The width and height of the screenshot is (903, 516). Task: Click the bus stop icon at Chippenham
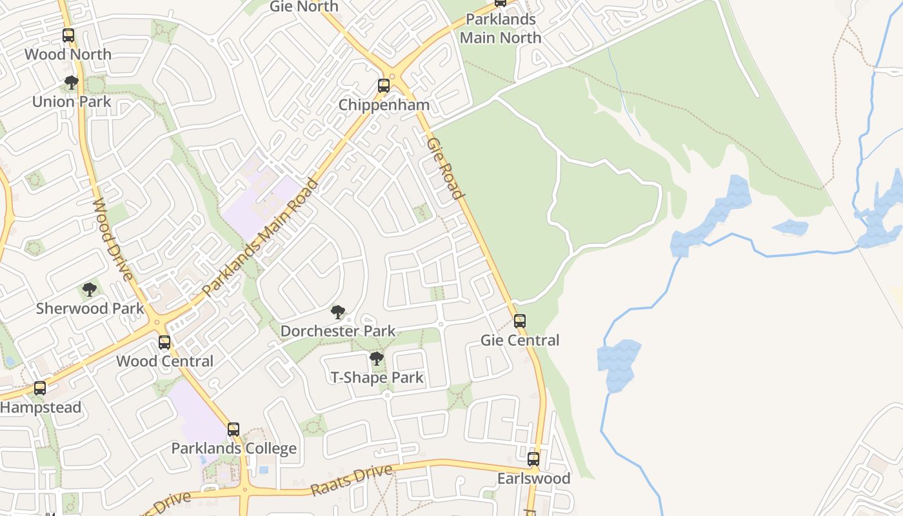click(384, 85)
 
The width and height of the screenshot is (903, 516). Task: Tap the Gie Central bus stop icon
click(520, 321)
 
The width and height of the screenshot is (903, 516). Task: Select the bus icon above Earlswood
click(533, 459)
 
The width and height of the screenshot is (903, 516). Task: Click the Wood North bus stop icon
click(68, 35)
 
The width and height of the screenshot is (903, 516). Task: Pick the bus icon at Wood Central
click(164, 342)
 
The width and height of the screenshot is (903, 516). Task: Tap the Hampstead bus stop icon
click(40, 388)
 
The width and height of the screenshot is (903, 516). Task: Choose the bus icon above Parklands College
click(233, 430)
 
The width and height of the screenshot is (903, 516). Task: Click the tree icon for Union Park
click(72, 83)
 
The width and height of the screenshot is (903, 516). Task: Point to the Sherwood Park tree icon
click(90, 290)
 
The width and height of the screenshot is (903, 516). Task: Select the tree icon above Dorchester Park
click(337, 313)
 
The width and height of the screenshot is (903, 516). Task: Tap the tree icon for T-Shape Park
click(377, 359)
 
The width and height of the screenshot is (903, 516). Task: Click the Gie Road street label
click(445, 168)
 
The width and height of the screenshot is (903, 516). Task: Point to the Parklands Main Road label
click(261, 237)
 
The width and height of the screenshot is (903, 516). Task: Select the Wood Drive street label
click(113, 239)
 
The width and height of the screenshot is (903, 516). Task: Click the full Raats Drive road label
click(352, 480)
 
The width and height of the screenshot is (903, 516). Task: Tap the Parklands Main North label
click(501, 29)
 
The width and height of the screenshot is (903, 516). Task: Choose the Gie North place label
click(304, 6)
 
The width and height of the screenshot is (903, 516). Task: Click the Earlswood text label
click(533, 479)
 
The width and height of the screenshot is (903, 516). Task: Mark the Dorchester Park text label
click(338, 332)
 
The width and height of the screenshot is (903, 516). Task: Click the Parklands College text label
click(234, 448)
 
